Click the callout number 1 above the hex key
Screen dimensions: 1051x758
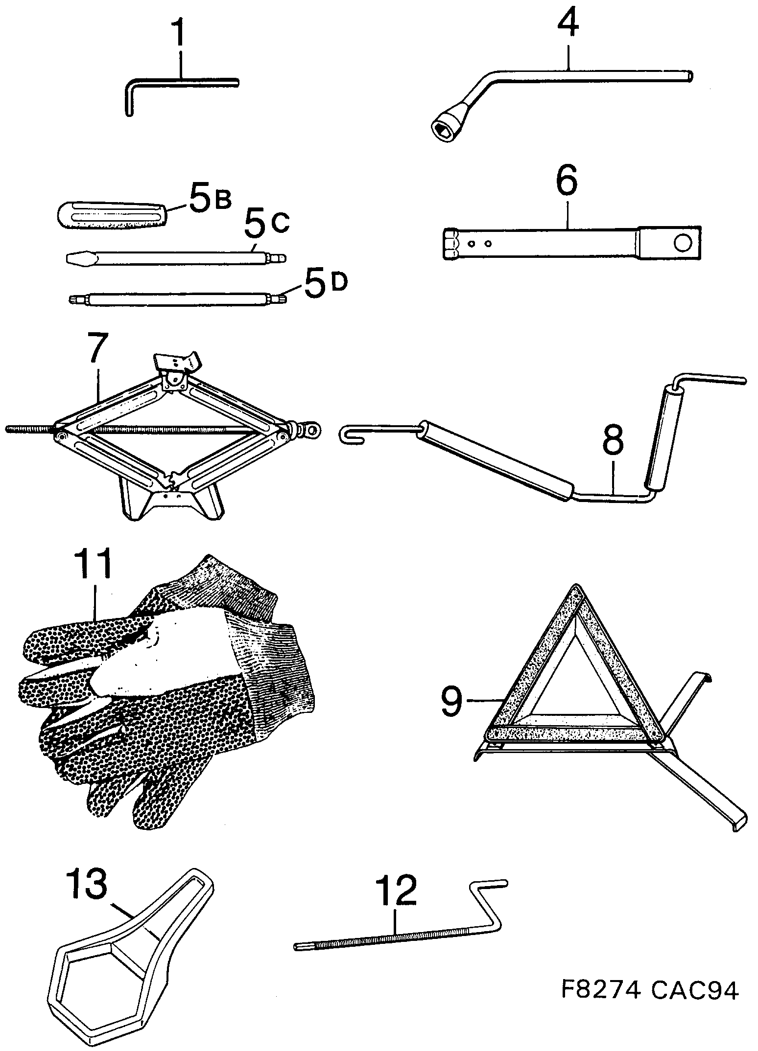[x=180, y=33]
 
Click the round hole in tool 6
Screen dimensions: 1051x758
[x=681, y=243]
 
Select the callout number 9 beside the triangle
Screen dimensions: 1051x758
[x=450, y=701]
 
